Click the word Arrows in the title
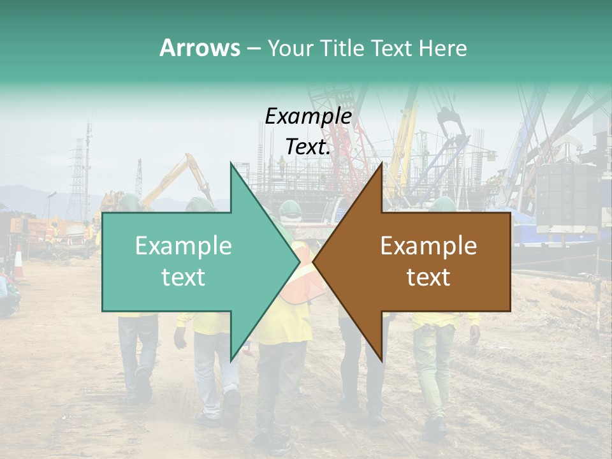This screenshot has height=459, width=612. click(200, 48)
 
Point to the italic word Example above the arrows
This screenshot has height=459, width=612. click(309, 116)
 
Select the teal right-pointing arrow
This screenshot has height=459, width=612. click(191, 261)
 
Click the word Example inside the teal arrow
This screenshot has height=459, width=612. click(184, 246)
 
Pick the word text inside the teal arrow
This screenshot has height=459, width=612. click(184, 277)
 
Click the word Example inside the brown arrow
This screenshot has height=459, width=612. click(428, 246)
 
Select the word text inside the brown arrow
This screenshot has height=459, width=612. click(428, 277)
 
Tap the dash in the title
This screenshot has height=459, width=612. click(253, 48)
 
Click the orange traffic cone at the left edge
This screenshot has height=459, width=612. click(18, 262)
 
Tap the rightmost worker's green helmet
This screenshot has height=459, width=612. click(442, 204)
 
